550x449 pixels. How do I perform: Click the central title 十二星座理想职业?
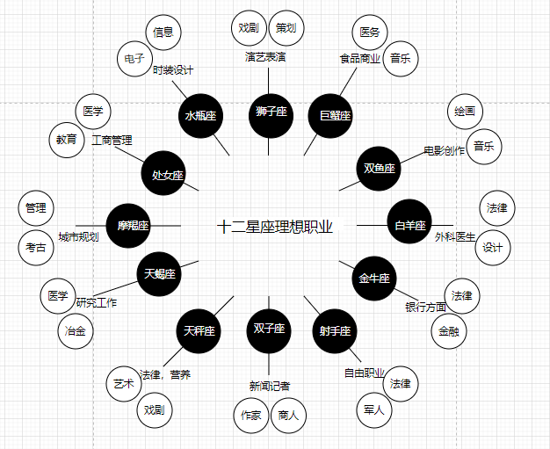275,227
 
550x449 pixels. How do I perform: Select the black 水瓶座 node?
201,117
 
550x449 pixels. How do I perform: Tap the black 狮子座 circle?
271,112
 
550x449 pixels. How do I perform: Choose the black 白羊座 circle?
409,226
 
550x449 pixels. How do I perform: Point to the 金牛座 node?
373,279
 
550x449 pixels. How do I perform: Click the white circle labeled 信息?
163,33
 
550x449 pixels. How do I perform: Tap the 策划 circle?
286,28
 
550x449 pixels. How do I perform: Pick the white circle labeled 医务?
370,33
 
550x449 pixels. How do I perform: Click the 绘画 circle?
466,112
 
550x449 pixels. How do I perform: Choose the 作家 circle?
251,416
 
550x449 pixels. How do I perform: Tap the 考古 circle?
36,249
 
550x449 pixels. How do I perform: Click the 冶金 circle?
75,331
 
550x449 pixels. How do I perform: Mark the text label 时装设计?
172,70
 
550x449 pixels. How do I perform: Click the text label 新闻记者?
270,386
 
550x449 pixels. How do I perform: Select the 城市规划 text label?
78,237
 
